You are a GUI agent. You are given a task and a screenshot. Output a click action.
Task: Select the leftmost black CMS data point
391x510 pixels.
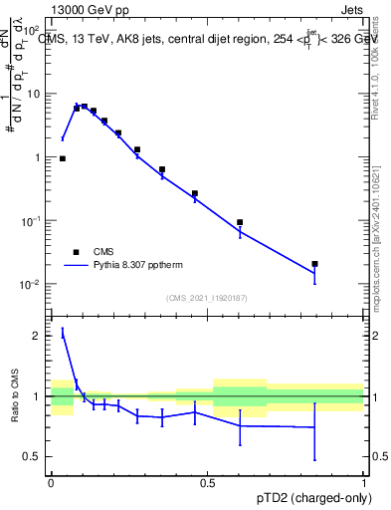tap(63, 158)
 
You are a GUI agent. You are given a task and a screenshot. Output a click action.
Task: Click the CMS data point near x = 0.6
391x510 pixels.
tap(240, 222)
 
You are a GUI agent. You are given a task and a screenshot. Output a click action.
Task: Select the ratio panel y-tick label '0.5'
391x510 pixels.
tap(32, 456)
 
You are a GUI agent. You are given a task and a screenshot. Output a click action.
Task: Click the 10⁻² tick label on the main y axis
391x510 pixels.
tap(31, 284)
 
